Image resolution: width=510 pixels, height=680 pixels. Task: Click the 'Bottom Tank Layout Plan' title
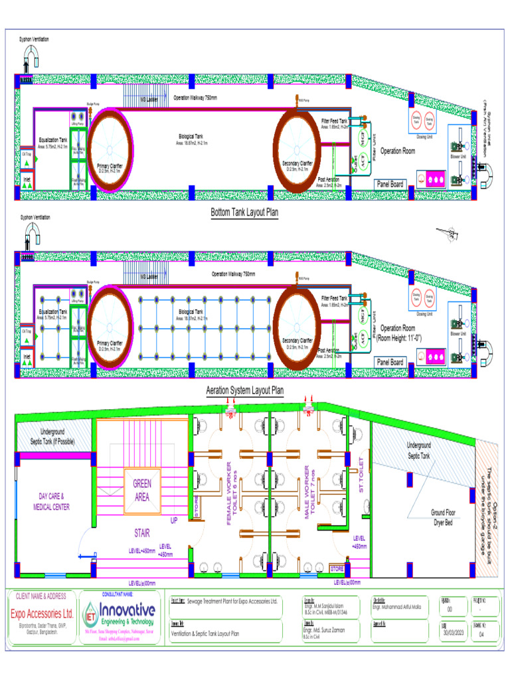pyautogui.click(x=244, y=213)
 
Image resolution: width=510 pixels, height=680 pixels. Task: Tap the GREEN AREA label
pyautogui.click(x=143, y=490)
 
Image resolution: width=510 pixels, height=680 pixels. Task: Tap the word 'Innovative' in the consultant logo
pyautogui.click(x=127, y=610)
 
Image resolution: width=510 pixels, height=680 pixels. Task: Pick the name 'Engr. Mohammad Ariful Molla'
pyautogui.click(x=398, y=606)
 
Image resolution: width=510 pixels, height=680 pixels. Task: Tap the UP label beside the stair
pyautogui.click(x=175, y=520)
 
